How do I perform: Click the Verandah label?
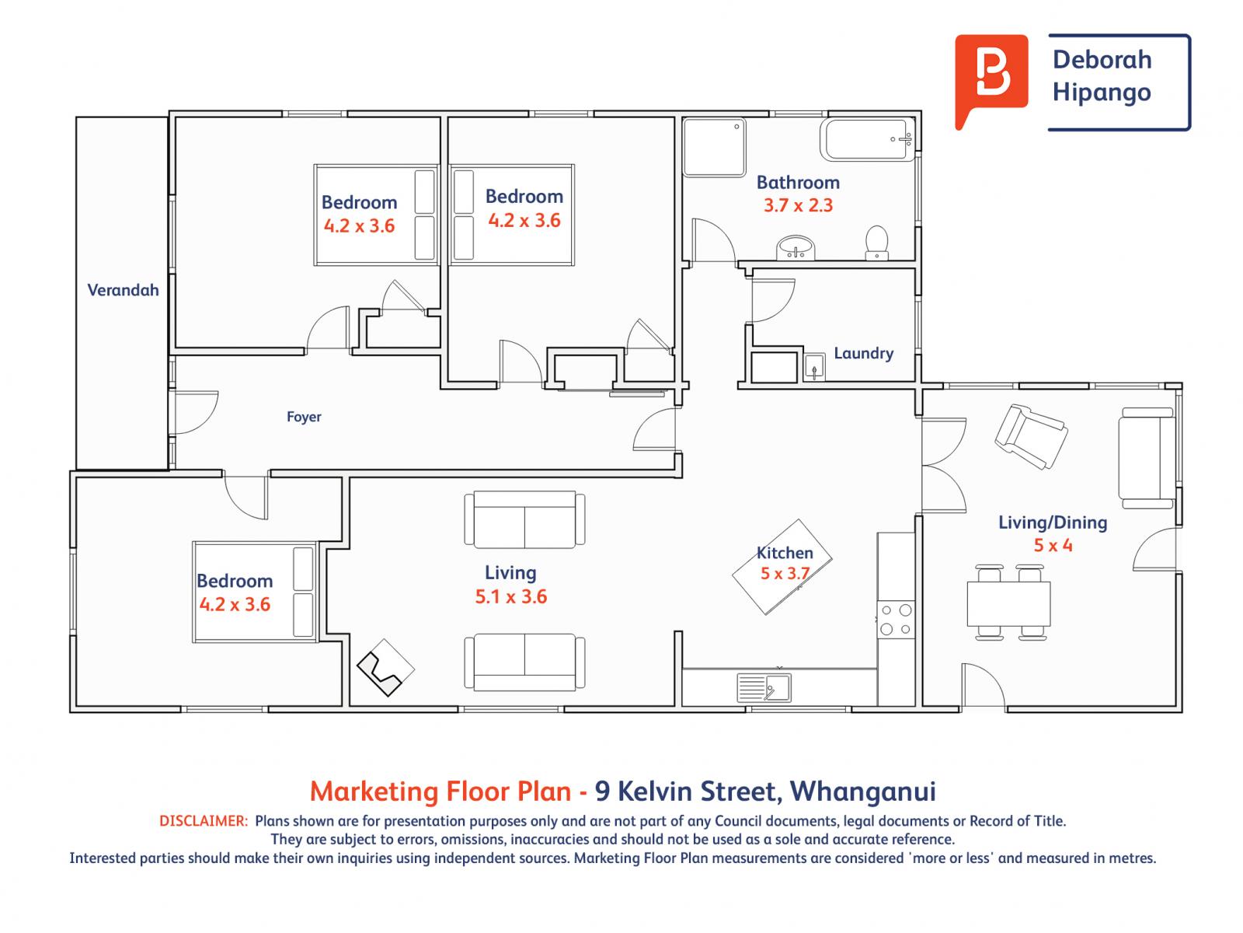tap(123, 290)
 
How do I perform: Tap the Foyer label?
tap(304, 417)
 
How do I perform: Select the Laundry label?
tap(864, 354)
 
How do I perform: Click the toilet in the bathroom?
tap(876, 243)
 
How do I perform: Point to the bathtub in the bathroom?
tap(868, 140)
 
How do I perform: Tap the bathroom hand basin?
tap(796, 248)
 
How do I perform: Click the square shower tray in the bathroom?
tap(714, 147)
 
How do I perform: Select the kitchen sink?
tap(764, 688)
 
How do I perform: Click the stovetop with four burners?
tap(896, 620)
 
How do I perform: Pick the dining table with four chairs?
tap(1008, 603)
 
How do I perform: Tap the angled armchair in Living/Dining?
tap(1031, 436)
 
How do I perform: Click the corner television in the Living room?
tap(385, 667)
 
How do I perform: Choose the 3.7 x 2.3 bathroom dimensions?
tap(798, 205)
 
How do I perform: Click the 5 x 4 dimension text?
tap(1053, 546)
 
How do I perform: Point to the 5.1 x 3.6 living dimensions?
tap(510, 596)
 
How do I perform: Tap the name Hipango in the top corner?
tap(1102, 93)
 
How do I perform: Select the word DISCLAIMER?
tap(204, 821)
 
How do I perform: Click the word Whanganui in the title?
tap(862, 791)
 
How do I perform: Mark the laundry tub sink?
tap(814, 366)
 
